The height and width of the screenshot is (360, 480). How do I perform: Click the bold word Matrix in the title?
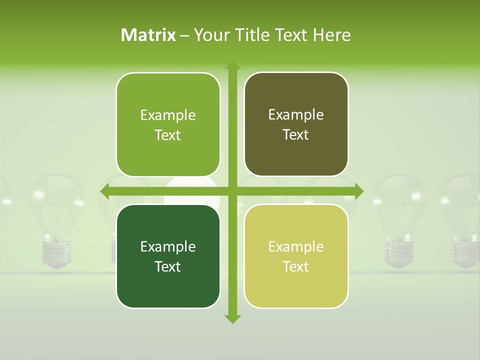pyautogui.click(x=148, y=35)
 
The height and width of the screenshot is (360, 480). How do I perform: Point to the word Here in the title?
pyautogui.click(x=332, y=35)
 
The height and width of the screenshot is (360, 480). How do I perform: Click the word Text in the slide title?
pyautogui.click(x=290, y=35)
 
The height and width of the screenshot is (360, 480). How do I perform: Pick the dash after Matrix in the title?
pyautogui.click(x=184, y=35)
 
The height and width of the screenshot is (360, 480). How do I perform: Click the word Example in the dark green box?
pyautogui.click(x=168, y=246)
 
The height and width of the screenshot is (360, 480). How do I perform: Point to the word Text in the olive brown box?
pyautogui.click(x=296, y=135)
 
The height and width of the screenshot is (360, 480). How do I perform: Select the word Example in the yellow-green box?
pyautogui.click(x=296, y=246)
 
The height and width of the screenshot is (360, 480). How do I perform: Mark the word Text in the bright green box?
pyautogui.click(x=168, y=135)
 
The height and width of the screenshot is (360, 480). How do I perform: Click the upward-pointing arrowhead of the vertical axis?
pyautogui.click(x=232, y=65)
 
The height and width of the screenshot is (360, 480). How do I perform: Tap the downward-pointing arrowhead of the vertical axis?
pyautogui.click(x=232, y=318)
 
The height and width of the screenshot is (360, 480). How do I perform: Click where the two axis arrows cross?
pyautogui.click(x=232, y=191)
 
